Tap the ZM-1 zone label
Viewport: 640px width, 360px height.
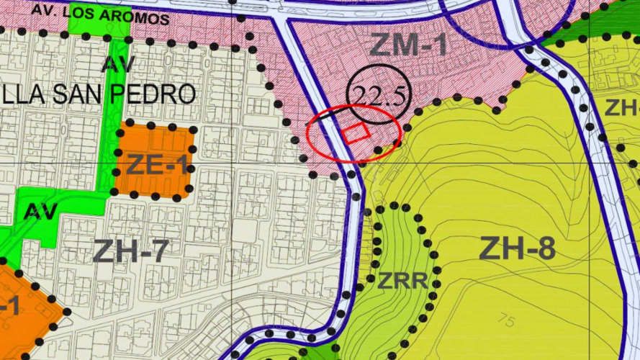(x=408, y=46)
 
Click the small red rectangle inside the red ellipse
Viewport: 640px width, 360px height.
(x=356, y=133)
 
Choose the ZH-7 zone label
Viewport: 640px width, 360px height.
(x=130, y=251)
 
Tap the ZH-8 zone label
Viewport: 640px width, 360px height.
(x=517, y=249)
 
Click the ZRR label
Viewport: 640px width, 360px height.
(x=403, y=281)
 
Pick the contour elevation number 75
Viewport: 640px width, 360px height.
(x=506, y=322)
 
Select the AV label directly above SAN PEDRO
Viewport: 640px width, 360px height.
(x=119, y=64)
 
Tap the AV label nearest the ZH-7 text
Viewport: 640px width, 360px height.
(x=40, y=211)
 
